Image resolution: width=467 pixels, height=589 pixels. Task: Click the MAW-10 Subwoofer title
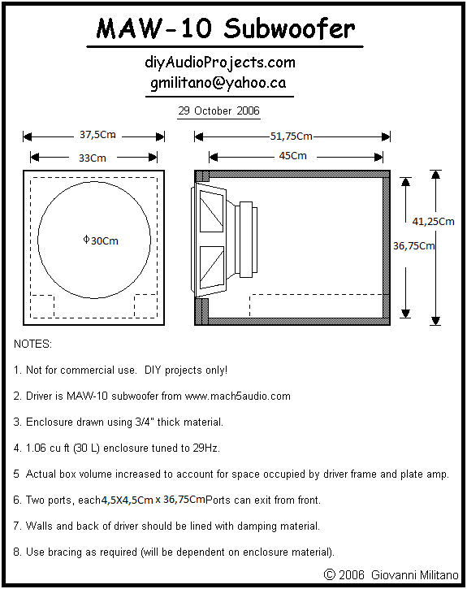[x=225, y=28]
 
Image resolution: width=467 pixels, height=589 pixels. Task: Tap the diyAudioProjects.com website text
[x=220, y=63]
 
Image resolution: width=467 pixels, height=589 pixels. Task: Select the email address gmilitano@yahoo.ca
[x=218, y=83]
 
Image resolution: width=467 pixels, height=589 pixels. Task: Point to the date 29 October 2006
[x=218, y=110]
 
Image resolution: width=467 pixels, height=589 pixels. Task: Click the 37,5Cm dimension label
[x=97, y=135]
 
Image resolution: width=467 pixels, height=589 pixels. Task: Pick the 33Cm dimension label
[x=93, y=158]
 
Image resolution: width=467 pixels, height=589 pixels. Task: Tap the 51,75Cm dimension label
[x=292, y=136]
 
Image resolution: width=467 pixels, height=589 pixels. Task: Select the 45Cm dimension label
[x=293, y=155]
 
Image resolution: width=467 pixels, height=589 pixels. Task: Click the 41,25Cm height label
[x=433, y=222]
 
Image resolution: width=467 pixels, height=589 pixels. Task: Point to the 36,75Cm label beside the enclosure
[x=413, y=246]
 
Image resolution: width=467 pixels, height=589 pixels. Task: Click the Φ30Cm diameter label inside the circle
[x=101, y=240]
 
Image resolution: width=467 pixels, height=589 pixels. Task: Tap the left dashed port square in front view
[x=42, y=306]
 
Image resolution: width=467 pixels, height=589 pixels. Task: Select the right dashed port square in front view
[x=145, y=306]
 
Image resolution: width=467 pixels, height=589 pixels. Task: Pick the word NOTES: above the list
[x=32, y=344]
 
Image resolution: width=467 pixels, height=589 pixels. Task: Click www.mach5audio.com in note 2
[x=238, y=396]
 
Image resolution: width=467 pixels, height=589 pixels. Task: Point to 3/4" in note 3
[x=145, y=422]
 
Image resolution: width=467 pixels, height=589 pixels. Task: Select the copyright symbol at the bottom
[x=329, y=574]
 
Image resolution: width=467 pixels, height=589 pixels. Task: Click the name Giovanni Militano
[x=415, y=574]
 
